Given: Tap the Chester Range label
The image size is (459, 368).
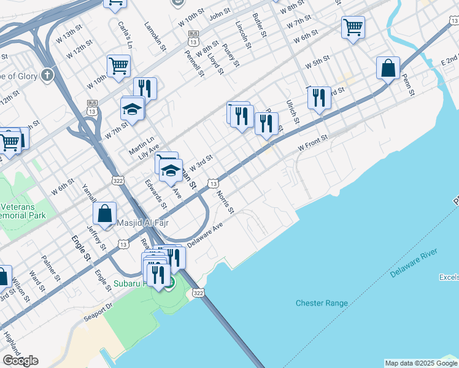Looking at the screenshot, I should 322,303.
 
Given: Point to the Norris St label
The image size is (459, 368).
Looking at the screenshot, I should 226,202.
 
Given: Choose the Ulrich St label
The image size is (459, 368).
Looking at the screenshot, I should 292,112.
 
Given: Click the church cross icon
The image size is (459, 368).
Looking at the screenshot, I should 47,76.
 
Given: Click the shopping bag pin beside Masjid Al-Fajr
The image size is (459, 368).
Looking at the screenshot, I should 105,214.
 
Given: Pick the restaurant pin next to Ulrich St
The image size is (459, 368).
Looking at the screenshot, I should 318,97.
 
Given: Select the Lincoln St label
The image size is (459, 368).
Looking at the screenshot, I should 243,33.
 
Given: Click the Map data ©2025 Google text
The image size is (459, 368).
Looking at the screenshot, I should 421,363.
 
